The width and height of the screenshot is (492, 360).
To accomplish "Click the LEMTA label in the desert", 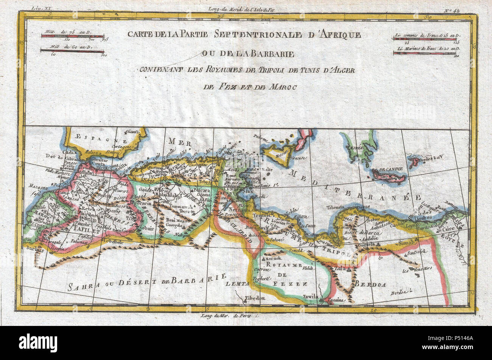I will pos(237,283).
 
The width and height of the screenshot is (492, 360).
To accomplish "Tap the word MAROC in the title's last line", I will pos(283,87).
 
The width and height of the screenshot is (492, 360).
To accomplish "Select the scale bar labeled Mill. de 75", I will pos(72,36).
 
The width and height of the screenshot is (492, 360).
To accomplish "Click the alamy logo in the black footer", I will pos(38,343).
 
